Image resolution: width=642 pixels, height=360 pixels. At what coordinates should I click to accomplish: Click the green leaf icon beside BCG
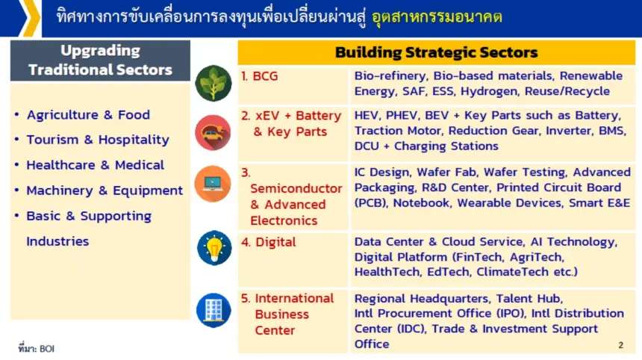[214, 83]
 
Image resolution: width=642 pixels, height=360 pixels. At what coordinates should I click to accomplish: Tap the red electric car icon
[213, 132]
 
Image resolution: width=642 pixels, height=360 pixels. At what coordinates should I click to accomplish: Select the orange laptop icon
[213, 184]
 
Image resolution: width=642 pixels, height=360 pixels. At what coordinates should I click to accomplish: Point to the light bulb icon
[214, 248]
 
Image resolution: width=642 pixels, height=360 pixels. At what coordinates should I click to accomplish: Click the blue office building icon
[214, 310]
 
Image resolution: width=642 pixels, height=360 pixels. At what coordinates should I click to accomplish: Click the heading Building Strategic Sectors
[437, 52]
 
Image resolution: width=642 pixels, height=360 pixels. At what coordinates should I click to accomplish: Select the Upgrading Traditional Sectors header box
[100, 60]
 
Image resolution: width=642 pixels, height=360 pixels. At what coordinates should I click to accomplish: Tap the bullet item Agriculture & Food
[88, 115]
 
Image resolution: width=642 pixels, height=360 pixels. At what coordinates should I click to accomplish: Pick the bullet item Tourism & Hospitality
[98, 140]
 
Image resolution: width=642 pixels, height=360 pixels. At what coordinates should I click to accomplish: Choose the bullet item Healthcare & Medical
[96, 165]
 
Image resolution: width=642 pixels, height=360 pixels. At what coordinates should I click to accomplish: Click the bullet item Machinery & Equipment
[105, 190]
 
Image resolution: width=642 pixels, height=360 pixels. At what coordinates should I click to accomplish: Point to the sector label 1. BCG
[260, 75]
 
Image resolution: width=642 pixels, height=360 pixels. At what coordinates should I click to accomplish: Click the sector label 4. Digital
[268, 242]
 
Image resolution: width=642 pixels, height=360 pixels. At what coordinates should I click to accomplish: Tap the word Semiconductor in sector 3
[296, 188]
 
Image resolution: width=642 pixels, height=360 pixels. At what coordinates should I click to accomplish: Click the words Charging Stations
[446, 146]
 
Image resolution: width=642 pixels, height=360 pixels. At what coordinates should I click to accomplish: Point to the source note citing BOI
[36, 349]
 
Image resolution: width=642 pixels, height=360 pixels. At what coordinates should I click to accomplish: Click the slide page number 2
[620, 345]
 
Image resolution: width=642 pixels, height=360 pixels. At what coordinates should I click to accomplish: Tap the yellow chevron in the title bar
[29, 18]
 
